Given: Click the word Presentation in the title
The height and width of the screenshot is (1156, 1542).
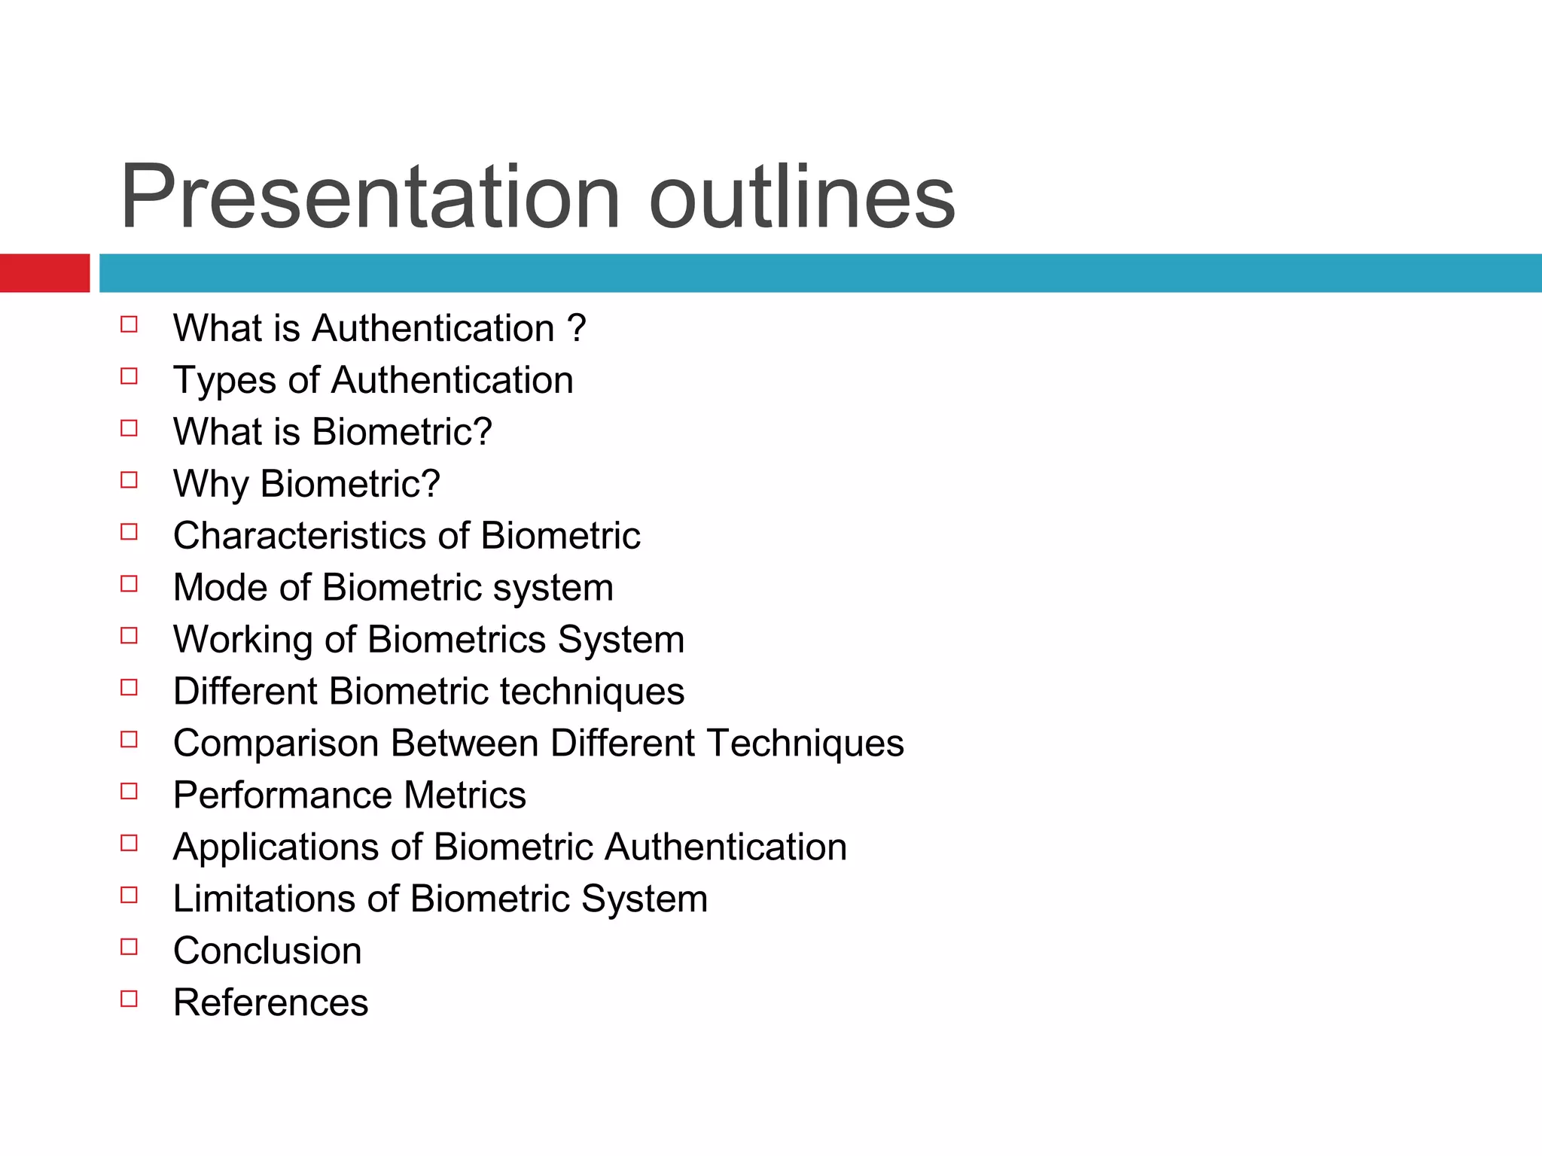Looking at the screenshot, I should (369, 197).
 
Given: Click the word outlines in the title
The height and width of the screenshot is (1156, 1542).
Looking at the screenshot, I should (802, 197).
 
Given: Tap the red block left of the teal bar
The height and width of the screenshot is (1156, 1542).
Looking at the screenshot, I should (44, 273).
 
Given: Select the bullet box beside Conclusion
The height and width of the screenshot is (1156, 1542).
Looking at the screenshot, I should (130, 947).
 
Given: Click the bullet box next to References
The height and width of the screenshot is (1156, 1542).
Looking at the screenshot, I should (130, 999).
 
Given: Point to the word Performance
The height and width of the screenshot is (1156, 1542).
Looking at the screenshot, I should (282, 796).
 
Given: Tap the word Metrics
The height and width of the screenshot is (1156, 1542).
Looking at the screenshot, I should (465, 796).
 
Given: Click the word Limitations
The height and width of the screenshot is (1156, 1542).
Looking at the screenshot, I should (264, 899).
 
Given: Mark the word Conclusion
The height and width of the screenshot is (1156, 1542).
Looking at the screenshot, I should (267, 951).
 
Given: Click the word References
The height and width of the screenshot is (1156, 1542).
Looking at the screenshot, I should (271, 1003).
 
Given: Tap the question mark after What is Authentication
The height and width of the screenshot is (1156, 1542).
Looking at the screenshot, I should (577, 328).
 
